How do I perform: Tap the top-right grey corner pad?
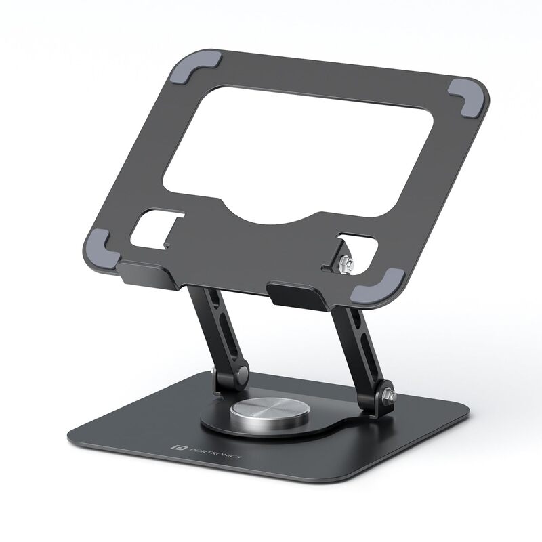click(465, 93)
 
